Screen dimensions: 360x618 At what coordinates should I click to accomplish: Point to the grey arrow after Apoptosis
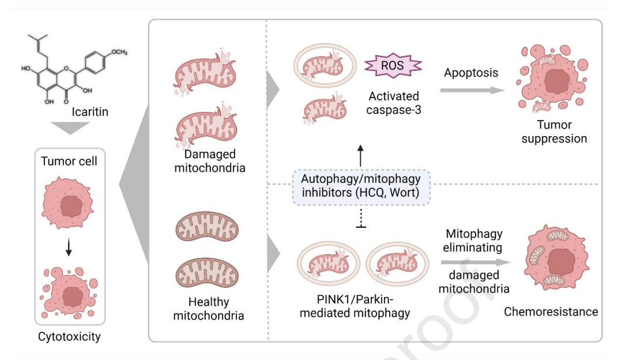[470, 90]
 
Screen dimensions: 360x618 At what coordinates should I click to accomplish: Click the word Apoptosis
[471, 73]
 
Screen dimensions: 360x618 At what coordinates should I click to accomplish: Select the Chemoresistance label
[551, 312]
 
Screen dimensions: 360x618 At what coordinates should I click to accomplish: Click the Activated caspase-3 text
[392, 103]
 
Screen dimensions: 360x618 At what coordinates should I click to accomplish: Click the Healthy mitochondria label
[208, 309]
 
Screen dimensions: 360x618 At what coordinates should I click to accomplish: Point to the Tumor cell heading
[69, 161]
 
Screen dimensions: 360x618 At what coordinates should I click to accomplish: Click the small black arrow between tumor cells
[69, 247]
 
